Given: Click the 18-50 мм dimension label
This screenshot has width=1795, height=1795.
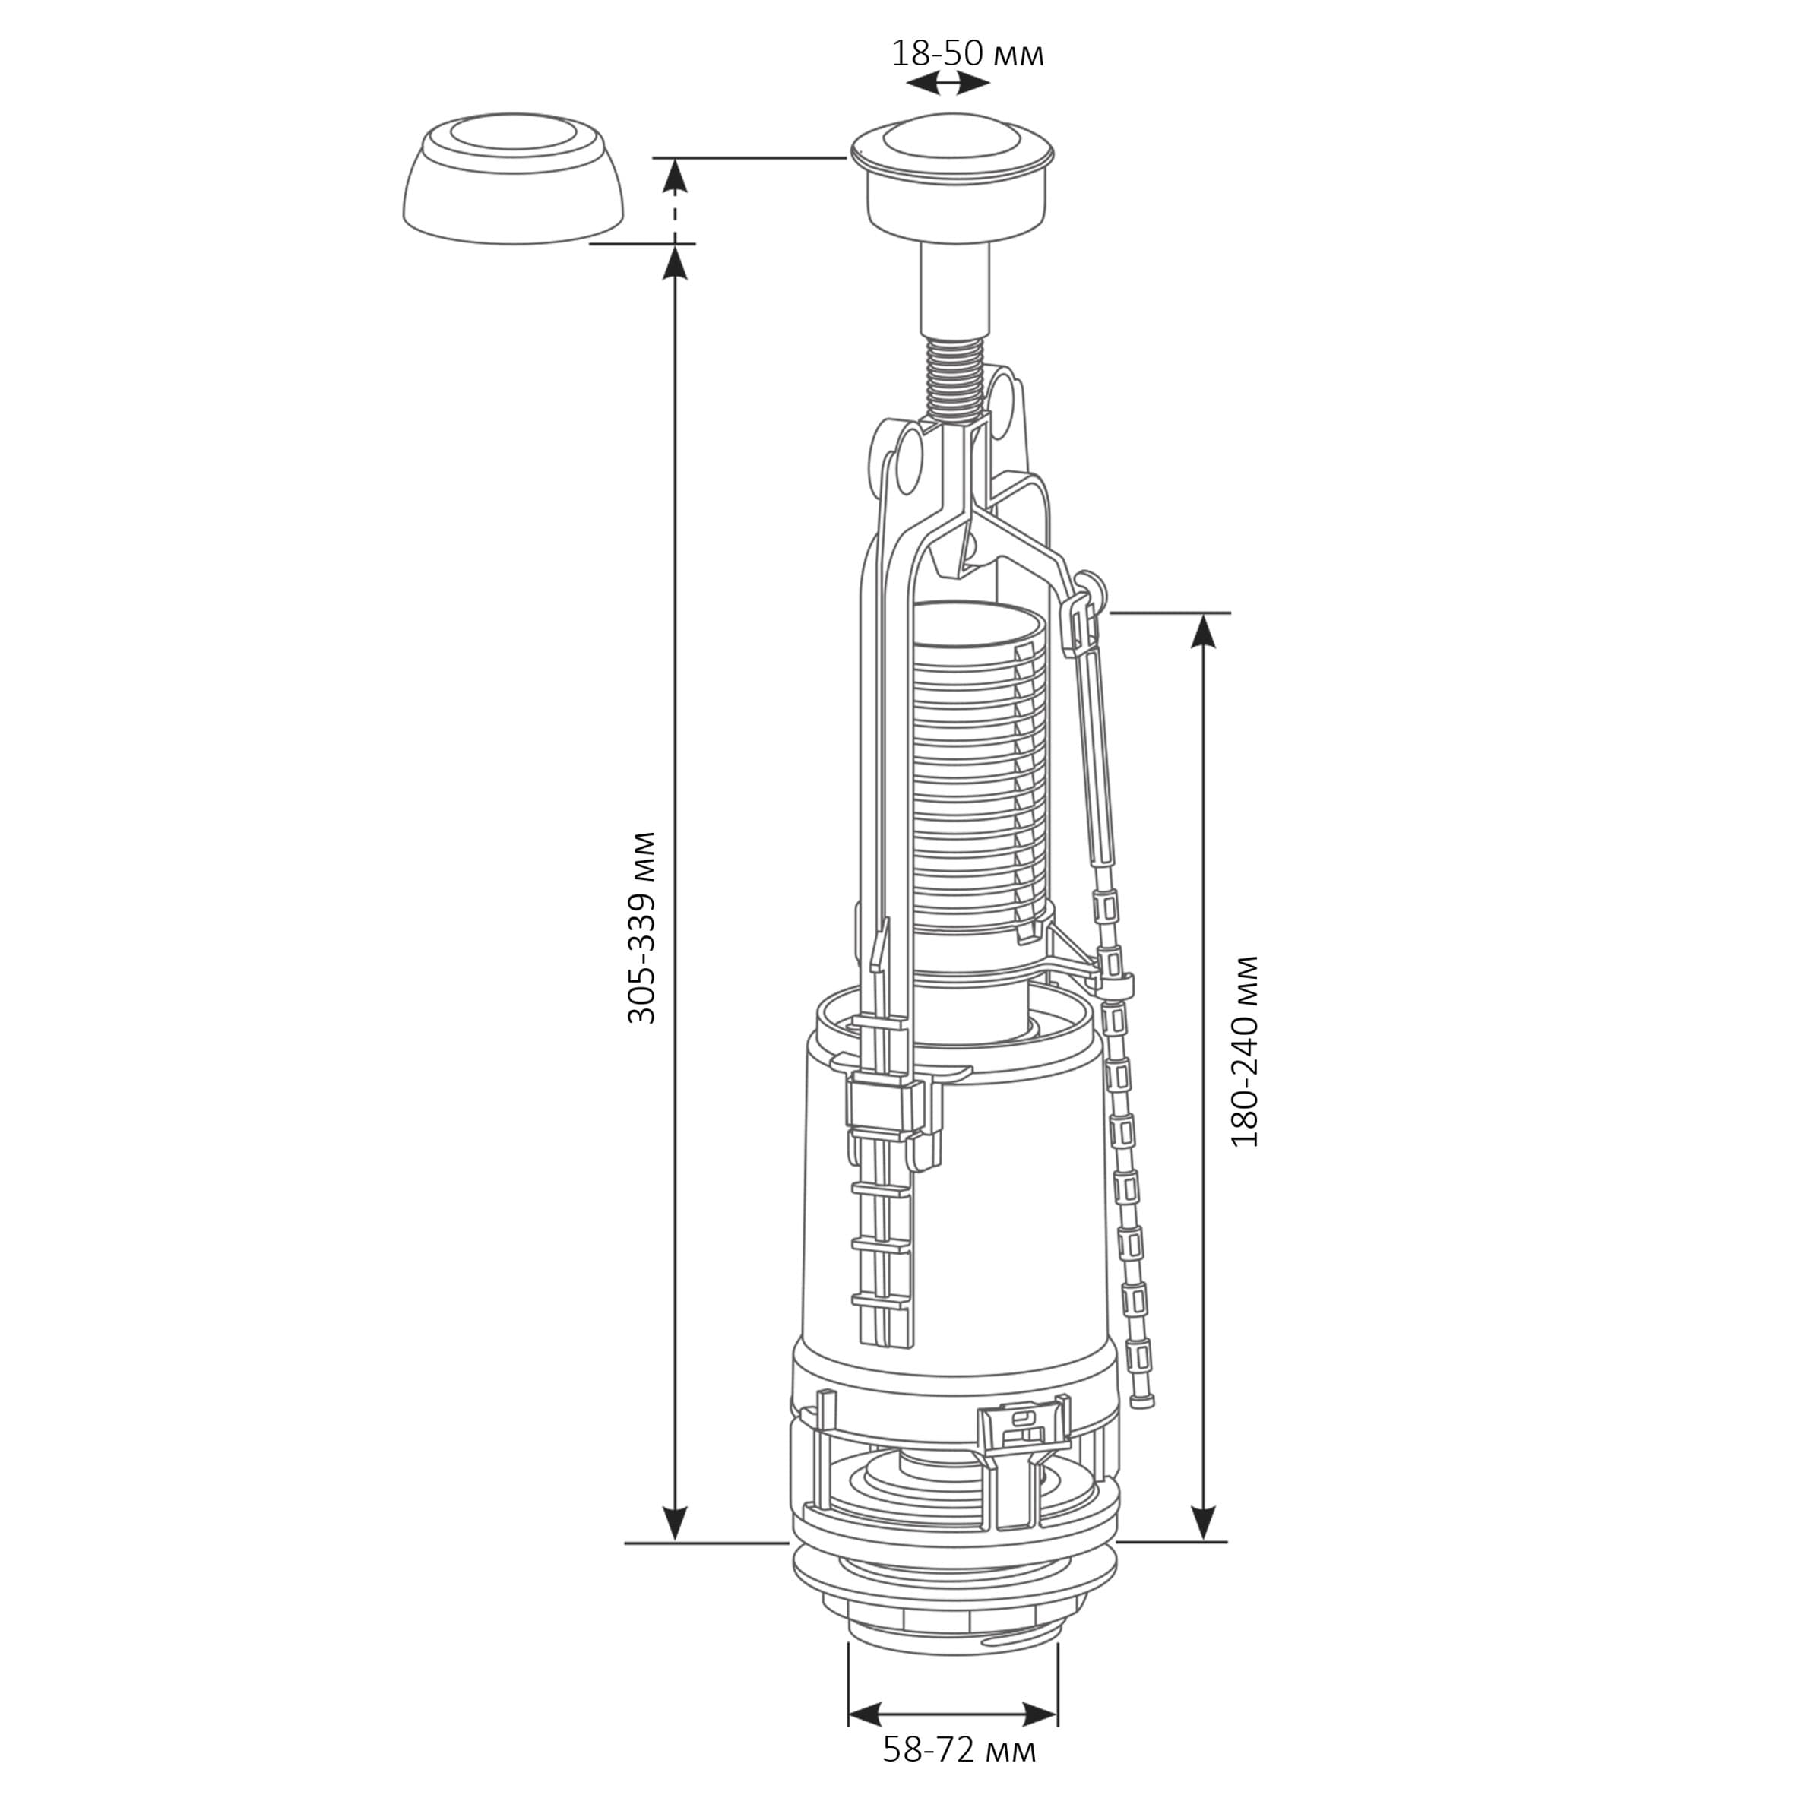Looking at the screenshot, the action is tap(967, 54).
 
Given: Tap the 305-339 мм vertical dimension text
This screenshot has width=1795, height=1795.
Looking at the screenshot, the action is tap(642, 928).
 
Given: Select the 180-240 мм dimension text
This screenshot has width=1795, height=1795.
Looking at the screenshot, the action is tap(1245, 1051).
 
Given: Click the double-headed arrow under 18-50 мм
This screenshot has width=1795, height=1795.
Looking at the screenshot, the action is tap(948, 84).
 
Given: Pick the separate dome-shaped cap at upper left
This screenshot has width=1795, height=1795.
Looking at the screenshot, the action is tap(513, 179).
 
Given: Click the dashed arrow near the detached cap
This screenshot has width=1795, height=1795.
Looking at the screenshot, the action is tap(677, 200).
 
